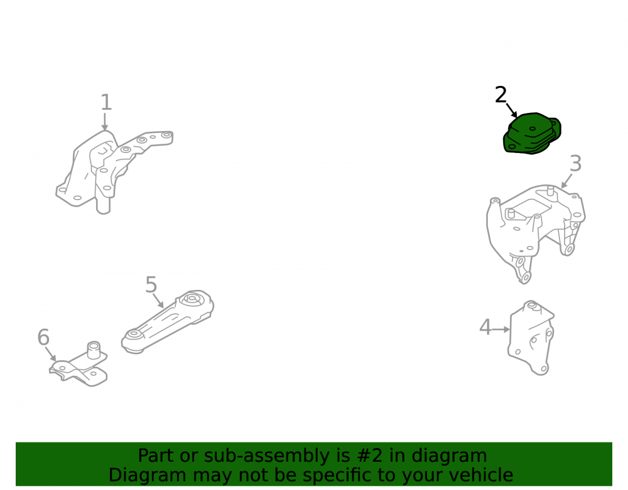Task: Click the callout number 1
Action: [x=106, y=102]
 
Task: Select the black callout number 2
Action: [x=501, y=95]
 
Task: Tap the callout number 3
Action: [x=575, y=164]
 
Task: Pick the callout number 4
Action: [x=485, y=327]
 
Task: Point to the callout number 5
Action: [x=151, y=285]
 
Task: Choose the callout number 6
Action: [x=43, y=337]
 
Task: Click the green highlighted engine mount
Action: [x=532, y=133]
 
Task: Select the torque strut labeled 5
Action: [x=168, y=322]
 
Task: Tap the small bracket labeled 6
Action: [x=79, y=364]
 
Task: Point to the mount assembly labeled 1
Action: [x=114, y=171]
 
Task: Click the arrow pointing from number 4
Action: [x=501, y=329]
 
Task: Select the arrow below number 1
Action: [x=105, y=122]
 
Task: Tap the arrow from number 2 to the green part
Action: [x=512, y=110]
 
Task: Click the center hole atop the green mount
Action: [x=533, y=129]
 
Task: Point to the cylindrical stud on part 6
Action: [x=94, y=349]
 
